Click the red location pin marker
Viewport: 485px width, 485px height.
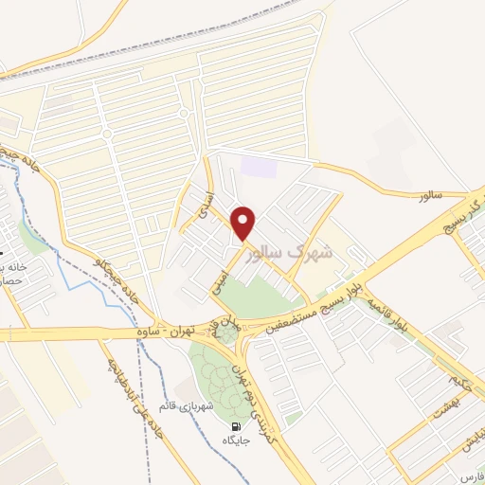click(x=244, y=223)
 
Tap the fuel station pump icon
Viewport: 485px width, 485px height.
click(x=233, y=425)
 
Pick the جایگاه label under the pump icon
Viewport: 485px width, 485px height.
click(x=233, y=440)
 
